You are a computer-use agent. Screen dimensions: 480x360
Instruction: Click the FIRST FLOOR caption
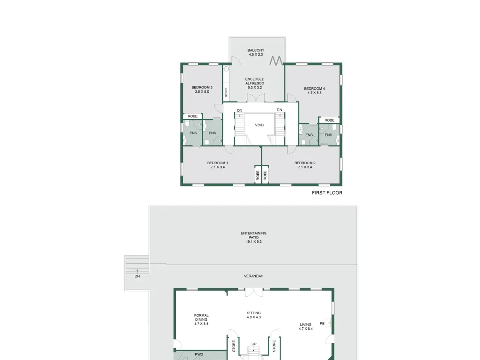point(327,193)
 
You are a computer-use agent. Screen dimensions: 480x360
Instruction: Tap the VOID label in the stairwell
point(259,125)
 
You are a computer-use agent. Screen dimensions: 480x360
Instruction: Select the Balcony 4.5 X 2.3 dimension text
point(256,54)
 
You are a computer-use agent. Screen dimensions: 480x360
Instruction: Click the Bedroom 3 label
point(202,87)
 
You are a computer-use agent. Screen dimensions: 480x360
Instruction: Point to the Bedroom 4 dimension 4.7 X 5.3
point(315,93)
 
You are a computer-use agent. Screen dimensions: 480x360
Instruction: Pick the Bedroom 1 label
point(217,163)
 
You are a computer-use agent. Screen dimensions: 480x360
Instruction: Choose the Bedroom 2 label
point(305,163)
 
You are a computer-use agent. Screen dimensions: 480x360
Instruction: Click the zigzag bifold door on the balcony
point(276,61)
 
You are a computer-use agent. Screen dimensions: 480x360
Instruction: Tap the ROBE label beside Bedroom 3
point(193,116)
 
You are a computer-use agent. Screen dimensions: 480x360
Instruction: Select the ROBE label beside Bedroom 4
point(329,120)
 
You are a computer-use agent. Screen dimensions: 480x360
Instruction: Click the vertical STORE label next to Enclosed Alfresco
point(226,92)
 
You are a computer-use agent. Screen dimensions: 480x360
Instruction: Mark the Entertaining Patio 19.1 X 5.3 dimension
point(253,241)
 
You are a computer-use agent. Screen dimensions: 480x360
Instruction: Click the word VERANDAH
point(253,276)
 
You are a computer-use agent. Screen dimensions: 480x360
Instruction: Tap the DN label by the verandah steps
point(137,276)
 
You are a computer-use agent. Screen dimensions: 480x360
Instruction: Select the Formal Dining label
point(201,317)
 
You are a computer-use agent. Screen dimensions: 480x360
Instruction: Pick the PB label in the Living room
point(322,324)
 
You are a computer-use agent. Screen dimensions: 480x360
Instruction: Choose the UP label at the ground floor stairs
point(254,344)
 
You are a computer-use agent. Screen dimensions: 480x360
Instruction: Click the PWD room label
point(199,354)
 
